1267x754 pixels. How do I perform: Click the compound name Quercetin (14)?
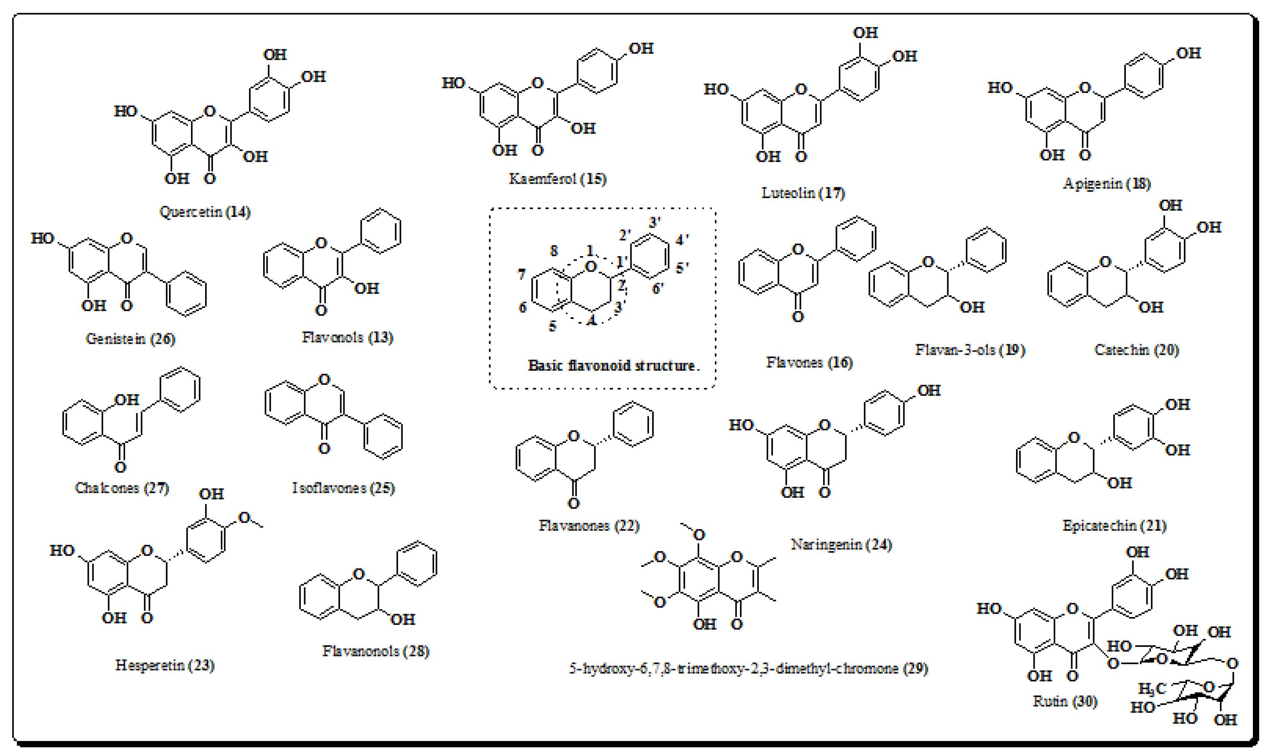pyautogui.click(x=205, y=211)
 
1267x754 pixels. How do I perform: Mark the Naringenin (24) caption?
pyautogui.click(x=841, y=545)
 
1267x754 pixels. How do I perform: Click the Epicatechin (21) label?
pyautogui.click(x=1114, y=525)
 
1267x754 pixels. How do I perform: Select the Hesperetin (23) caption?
pyautogui.click(x=165, y=665)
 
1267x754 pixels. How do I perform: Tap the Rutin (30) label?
pyautogui.click(x=1065, y=701)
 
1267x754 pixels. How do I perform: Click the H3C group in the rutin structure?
pyautogui.click(x=1152, y=689)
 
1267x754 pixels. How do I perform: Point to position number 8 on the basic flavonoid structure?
pyautogui.click(x=554, y=250)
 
